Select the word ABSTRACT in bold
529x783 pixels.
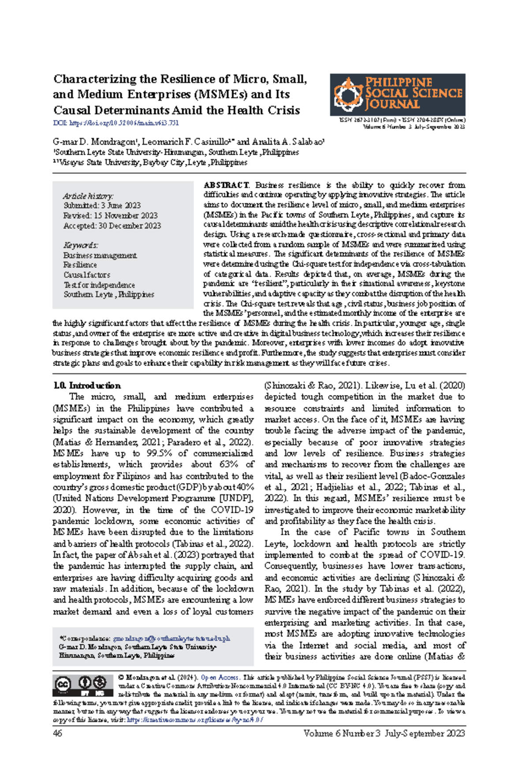[226, 185]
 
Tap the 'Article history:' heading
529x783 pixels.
[88, 196]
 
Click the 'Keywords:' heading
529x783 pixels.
[80, 245]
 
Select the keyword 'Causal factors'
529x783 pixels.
[86, 275]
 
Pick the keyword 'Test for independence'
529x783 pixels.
[99, 285]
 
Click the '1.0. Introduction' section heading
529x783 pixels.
[87, 385]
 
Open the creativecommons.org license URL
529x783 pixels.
[195, 720]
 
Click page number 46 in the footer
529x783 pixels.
[57, 733]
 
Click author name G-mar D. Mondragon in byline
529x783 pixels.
[95, 142]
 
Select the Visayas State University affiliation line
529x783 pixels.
[150, 162]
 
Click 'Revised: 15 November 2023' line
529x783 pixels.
[110, 216]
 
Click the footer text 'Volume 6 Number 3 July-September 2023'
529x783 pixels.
[384, 733]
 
